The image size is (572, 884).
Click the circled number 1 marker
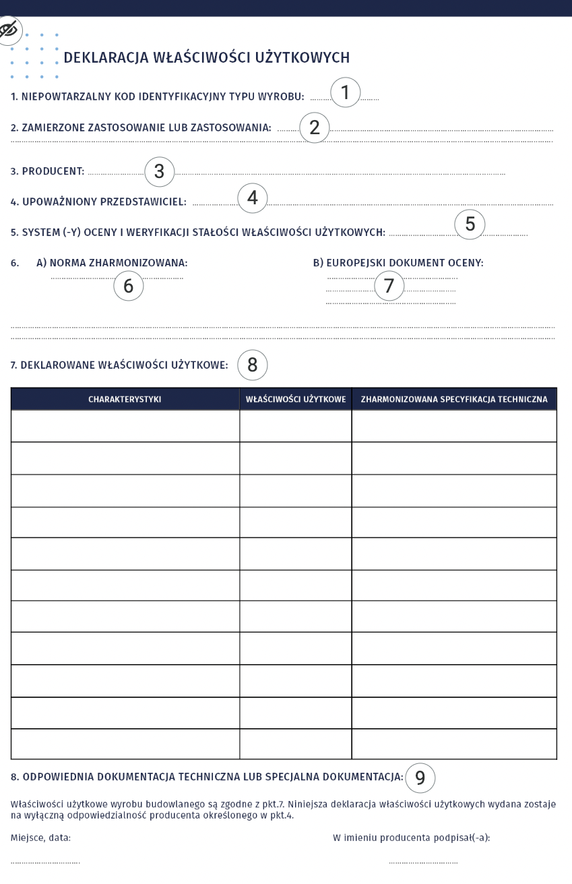point(346,92)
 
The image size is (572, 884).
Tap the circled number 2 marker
point(314,127)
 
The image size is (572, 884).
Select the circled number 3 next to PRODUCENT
point(160,171)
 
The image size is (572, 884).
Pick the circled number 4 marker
point(253,198)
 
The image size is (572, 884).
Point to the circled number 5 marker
point(470,225)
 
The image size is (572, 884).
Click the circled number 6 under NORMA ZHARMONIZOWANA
point(128,285)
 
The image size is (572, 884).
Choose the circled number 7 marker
point(388,285)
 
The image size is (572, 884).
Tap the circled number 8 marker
point(253,364)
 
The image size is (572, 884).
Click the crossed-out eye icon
point(9,30)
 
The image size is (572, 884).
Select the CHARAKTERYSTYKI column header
point(125,399)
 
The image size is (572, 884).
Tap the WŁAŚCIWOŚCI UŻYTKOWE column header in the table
point(296,399)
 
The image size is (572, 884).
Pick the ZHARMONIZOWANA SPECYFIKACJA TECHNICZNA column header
point(454,399)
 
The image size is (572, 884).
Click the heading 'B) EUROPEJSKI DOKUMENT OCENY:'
point(398,262)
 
